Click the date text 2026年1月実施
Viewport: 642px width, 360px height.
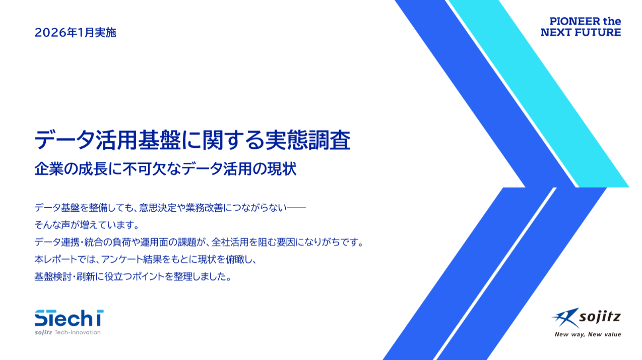click(x=76, y=33)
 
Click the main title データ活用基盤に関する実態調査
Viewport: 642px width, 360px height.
click(x=192, y=140)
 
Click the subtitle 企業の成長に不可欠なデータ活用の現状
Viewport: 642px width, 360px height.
click(x=165, y=169)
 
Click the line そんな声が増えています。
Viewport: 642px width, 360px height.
click(x=87, y=225)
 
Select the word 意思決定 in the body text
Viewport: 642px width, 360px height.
click(x=158, y=208)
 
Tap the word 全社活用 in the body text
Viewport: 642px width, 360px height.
click(x=230, y=242)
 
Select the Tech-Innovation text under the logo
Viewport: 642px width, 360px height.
click(x=78, y=332)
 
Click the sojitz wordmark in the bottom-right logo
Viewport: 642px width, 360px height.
click(x=600, y=317)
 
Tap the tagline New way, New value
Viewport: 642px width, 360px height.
click(x=588, y=334)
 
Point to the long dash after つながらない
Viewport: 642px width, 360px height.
click(x=296, y=208)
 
